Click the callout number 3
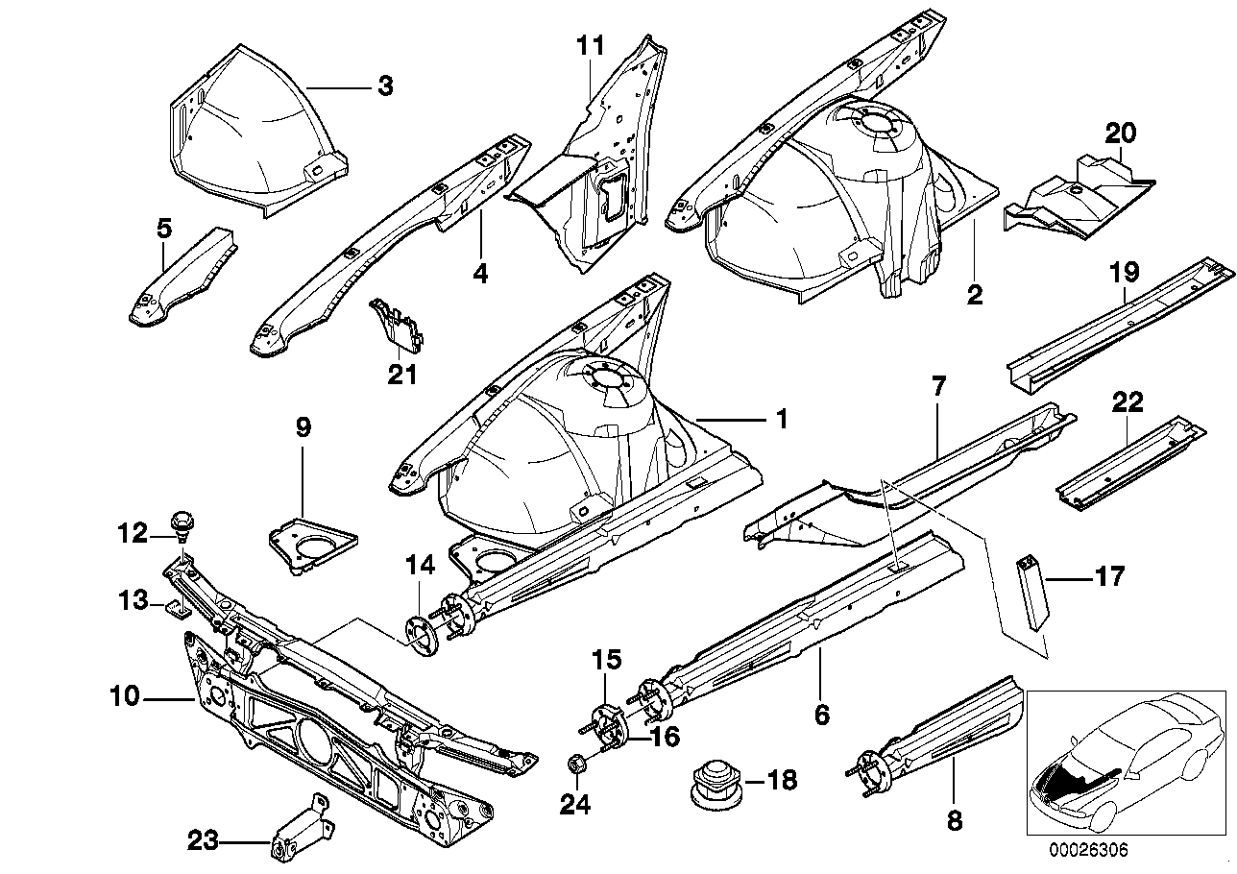pyautogui.click(x=384, y=87)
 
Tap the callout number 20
pyautogui.click(x=1119, y=133)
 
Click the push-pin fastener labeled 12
pyautogui.click(x=182, y=524)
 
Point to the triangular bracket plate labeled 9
pyautogui.click(x=309, y=545)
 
